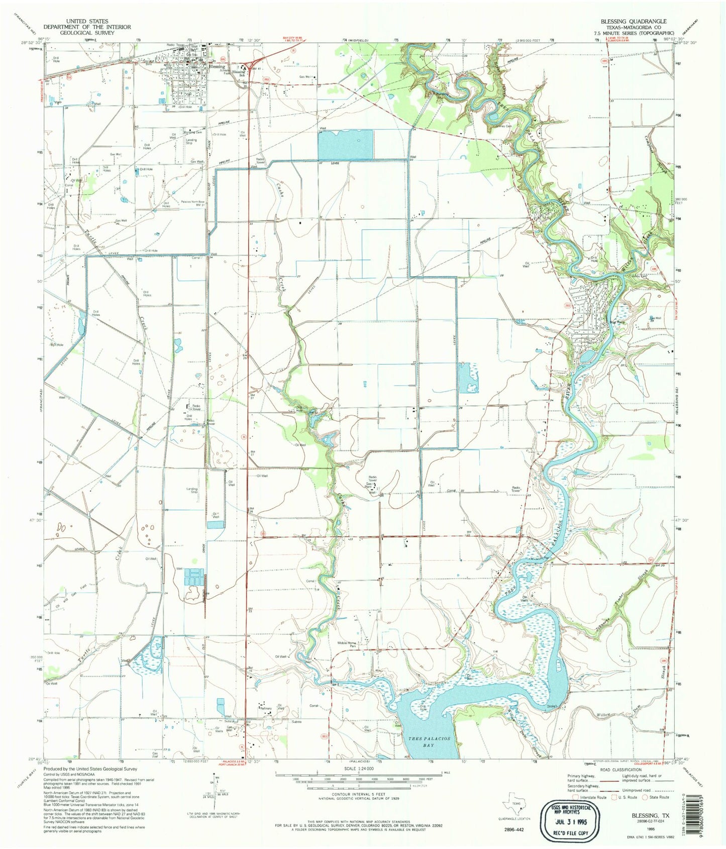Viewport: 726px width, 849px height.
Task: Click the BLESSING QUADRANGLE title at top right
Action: click(x=634, y=21)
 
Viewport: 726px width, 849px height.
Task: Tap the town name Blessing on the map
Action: click(x=217, y=67)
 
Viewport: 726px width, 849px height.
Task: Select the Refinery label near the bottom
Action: click(x=266, y=709)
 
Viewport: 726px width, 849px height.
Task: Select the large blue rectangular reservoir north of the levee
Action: click(x=345, y=145)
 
